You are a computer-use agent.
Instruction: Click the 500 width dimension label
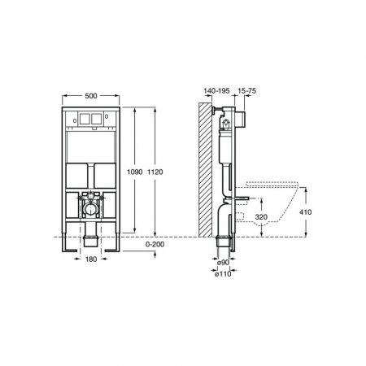[91, 96]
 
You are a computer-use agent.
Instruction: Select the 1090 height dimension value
[135, 172]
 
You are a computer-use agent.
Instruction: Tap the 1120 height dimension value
[155, 172]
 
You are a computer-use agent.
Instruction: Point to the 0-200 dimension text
[155, 244]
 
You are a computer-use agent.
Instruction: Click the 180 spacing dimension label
[91, 259]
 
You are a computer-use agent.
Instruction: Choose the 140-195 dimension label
[216, 91]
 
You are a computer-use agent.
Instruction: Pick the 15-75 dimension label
[246, 91]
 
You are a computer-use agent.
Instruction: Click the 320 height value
[261, 216]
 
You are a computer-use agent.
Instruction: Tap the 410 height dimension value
[305, 212]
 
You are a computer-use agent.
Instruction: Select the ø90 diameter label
[223, 263]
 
